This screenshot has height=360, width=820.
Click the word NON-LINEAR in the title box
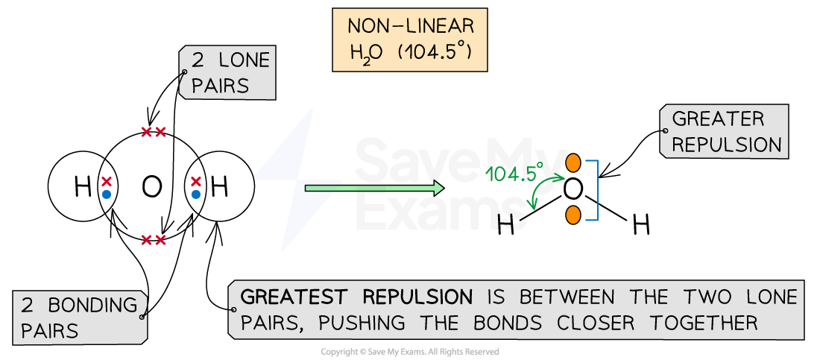click(x=410, y=27)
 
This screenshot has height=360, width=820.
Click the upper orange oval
click(x=573, y=163)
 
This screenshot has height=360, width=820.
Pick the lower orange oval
click(x=573, y=215)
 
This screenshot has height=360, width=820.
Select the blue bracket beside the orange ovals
click(x=595, y=190)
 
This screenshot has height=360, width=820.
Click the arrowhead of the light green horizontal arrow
click(x=438, y=189)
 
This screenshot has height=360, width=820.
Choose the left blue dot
click(x=107, y=195)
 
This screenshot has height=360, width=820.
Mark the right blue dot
click(x=195, y=195)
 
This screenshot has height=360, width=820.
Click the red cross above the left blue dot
click(x=107, y=181)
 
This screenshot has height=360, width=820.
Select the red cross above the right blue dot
click(x=195, y=181)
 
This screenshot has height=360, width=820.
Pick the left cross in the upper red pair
click(x=147, y=132)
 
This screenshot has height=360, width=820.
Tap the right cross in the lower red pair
click(x=160, y=240)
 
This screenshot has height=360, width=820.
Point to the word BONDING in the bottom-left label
click(x=93, y=305)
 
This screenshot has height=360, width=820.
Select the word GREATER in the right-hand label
click(x=707, y=119)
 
